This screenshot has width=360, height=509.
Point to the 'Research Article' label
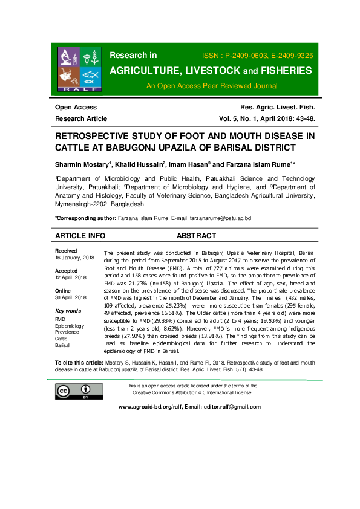pos(81,118)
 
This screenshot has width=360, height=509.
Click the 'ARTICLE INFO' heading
pos(80,236)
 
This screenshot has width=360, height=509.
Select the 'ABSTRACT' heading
pos(196,236)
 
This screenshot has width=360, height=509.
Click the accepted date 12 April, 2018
pos(71,277)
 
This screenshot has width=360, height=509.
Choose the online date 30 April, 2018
pos(71,297)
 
